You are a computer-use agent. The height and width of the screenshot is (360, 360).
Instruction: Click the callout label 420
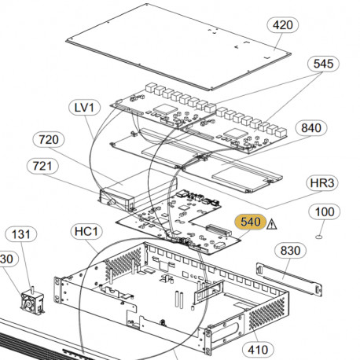(x=282, y=25)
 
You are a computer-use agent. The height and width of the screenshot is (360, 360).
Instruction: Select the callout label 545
(x=323, y=63)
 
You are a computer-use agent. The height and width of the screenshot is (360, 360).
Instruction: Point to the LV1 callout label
(x=83, y=106)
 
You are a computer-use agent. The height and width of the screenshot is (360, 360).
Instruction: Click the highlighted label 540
(x=251, y=223)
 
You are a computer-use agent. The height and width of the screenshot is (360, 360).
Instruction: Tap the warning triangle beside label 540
(x=273, y=224)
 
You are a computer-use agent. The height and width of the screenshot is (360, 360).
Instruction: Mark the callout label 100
(x=325, y=212)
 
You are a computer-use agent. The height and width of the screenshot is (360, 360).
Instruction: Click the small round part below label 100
(x=321, y=236)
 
